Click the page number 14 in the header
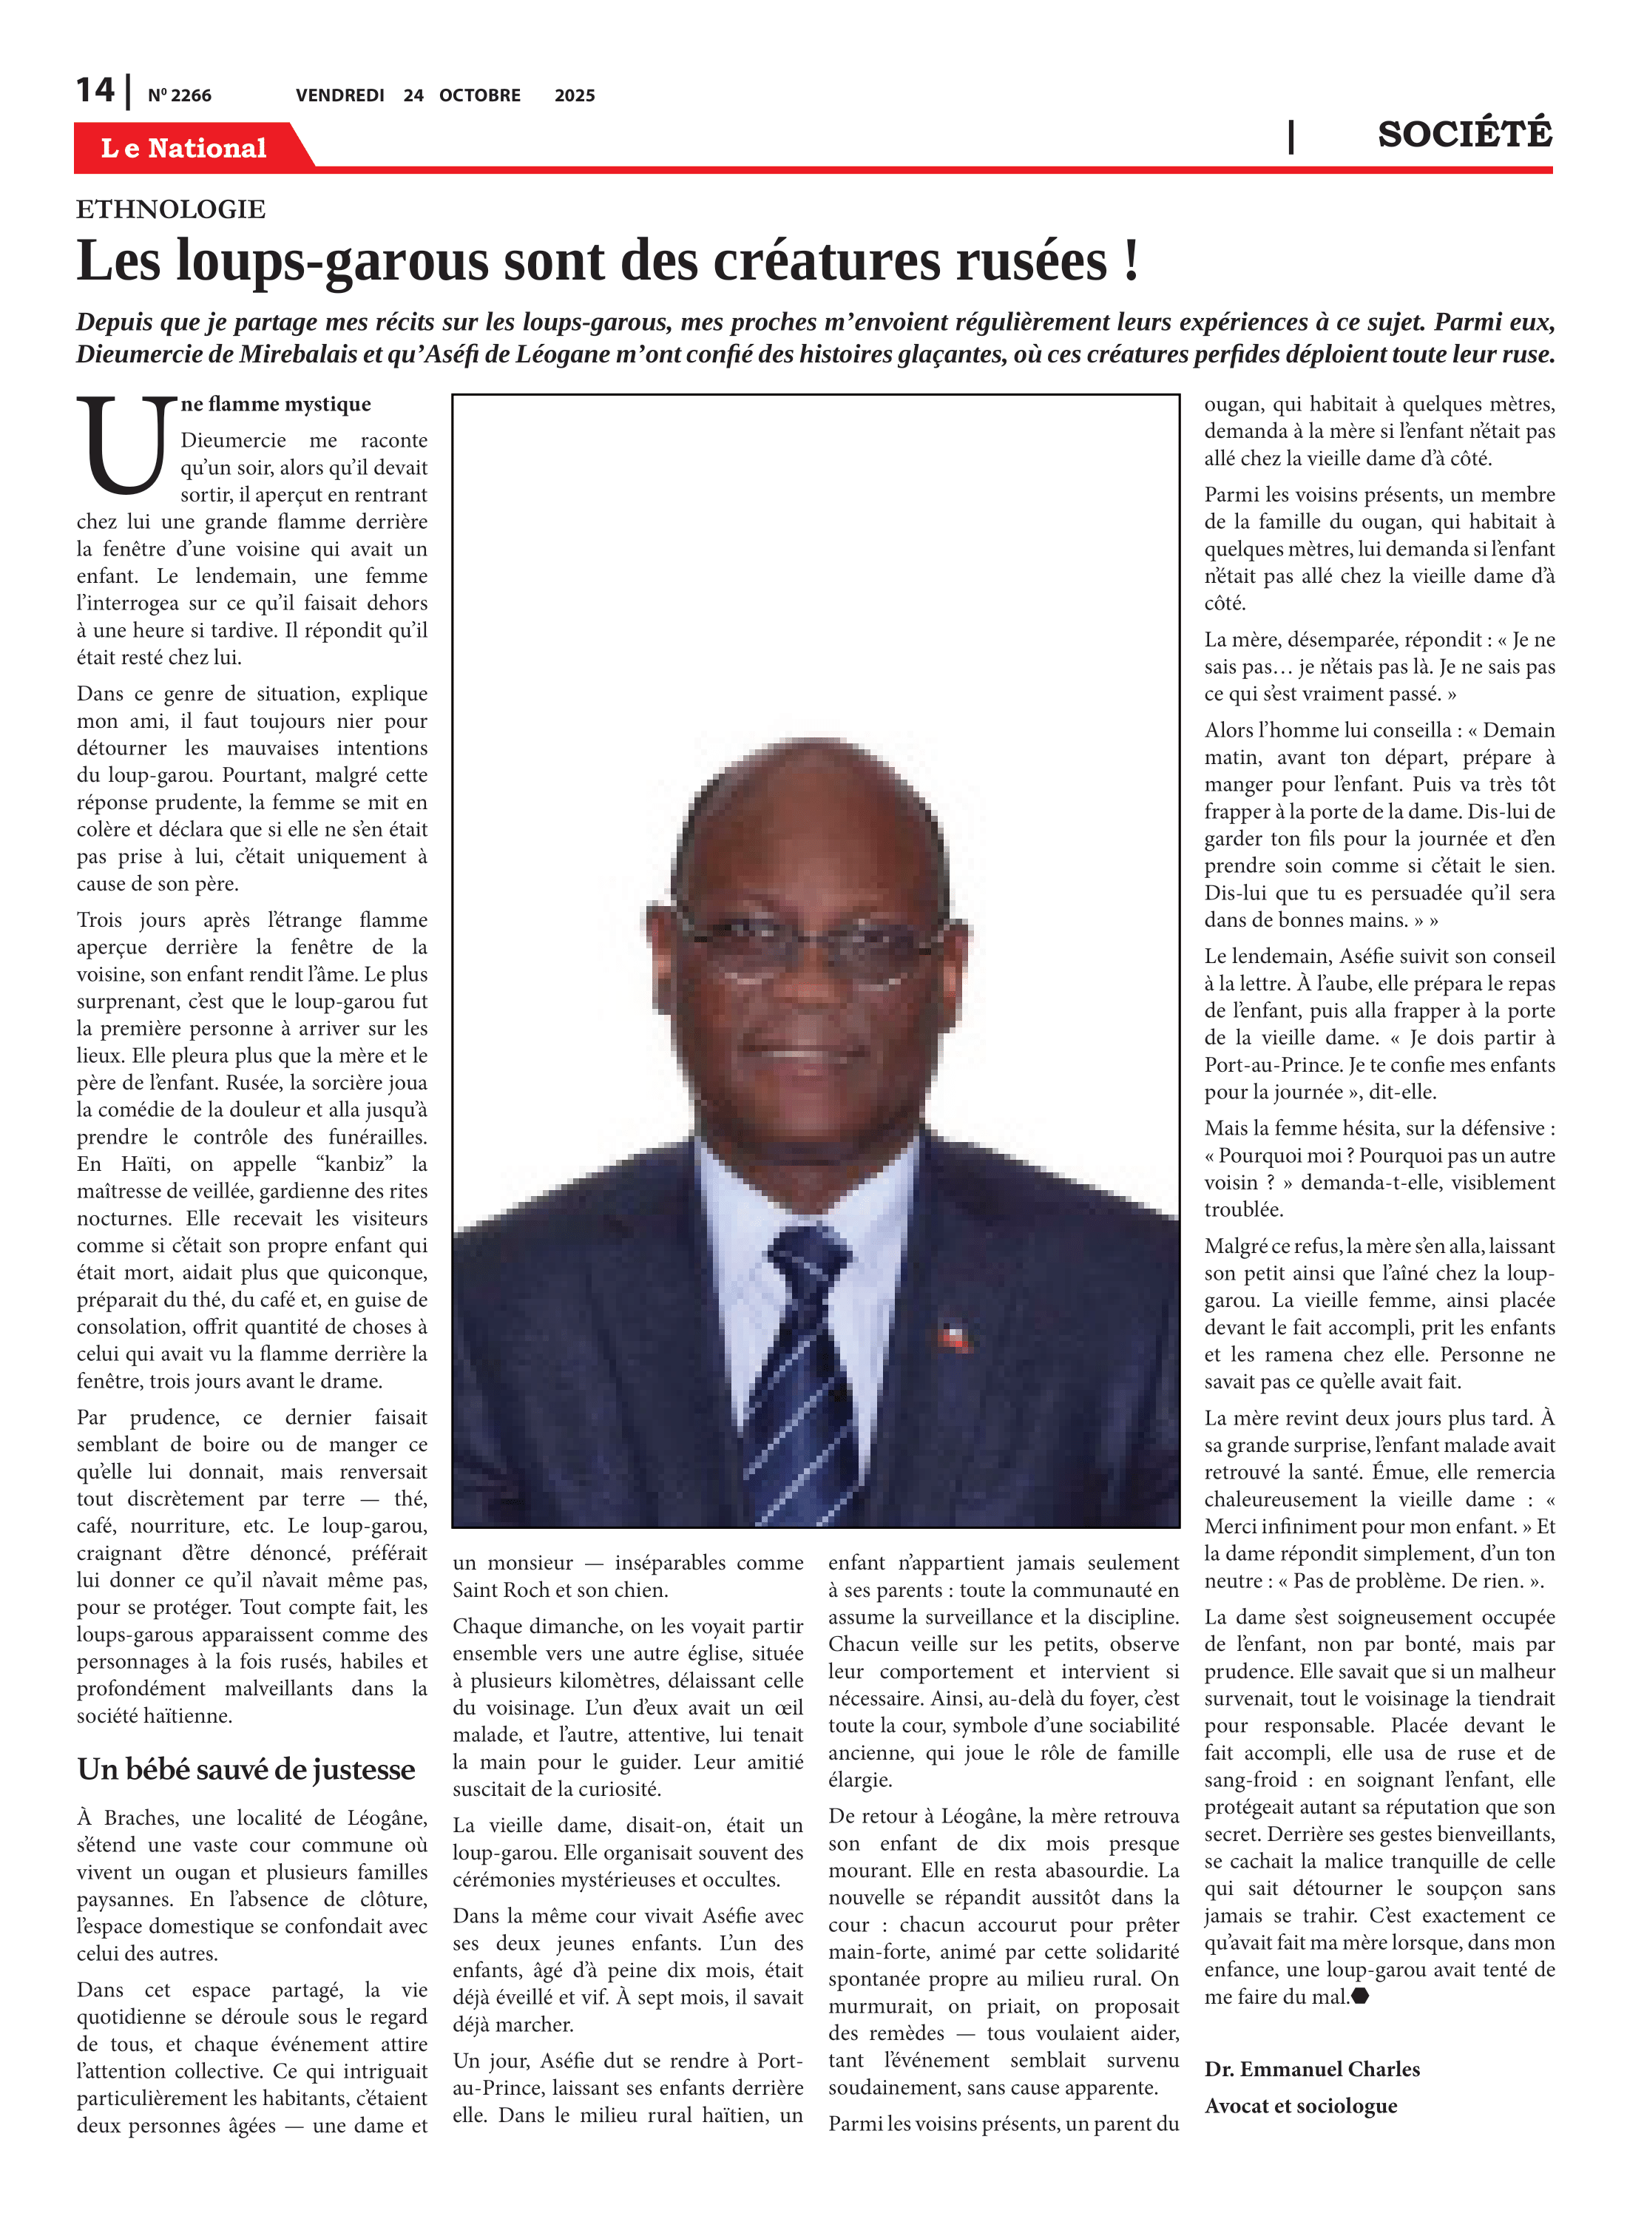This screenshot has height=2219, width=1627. pos(95,91)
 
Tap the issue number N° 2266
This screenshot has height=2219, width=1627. pos(179,95)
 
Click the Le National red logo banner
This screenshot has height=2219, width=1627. pos(184,148)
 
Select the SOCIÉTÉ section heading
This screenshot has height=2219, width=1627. pos(1464,134)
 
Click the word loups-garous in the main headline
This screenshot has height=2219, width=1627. pos(330,261)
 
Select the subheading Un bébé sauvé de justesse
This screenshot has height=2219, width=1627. pos(246,1769)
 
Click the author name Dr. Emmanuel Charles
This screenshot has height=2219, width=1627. pos(1312,2068)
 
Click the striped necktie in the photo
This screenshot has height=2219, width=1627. pos(799,1369)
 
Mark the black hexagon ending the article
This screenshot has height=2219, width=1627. pos(1360,1996)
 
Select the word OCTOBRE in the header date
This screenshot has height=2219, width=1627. pos(480,95)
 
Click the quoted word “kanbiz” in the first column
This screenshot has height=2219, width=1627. pos(354,1163)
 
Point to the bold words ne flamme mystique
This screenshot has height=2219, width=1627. pos(276,404)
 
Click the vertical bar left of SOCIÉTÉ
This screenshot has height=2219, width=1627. pos(1291,136)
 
